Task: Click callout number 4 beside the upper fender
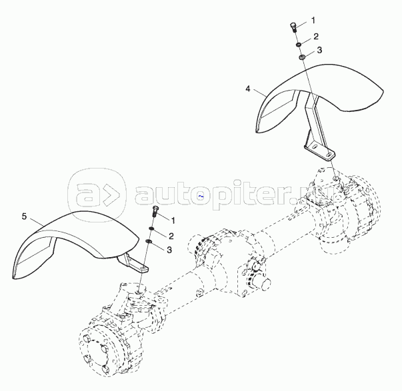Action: click(x=249, y=88)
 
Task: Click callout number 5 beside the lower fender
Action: click(x=25, y=217)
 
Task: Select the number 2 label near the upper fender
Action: click(x=316, y=37)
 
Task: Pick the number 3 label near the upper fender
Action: click(x=319, y=50)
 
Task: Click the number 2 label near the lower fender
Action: click(x=171, y=236)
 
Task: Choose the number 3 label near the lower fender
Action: click(x=169, y=250)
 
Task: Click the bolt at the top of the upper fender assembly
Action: click(x=293, y=27)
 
